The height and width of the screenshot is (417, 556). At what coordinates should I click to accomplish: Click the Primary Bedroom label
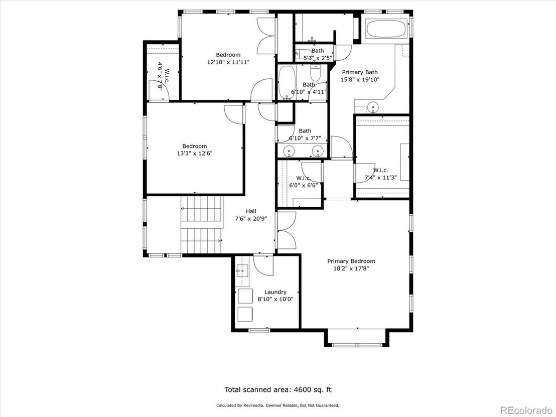pos(351,261)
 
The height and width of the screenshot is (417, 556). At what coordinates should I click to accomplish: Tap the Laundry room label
pos(275,292)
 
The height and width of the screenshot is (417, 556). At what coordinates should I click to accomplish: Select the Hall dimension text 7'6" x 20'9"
pos(251,219)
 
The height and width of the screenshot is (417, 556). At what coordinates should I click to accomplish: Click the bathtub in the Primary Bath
pos(386,29)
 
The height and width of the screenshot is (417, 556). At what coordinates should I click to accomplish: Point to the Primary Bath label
pos(360,72)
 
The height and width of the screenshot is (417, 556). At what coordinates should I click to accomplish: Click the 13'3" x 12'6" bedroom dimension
pos(195,154)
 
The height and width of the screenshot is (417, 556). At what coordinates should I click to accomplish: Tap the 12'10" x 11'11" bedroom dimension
pos(228,62)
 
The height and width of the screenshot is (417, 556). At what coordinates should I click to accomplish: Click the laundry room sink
pos(242,270)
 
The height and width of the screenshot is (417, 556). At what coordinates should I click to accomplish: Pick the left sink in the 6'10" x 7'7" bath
pos(290,152)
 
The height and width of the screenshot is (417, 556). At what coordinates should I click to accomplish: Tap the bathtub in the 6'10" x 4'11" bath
pos(285,83)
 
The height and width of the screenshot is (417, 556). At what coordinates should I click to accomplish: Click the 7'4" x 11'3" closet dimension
pos(380,178)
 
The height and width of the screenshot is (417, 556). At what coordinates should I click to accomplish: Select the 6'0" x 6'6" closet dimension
pos(304,185)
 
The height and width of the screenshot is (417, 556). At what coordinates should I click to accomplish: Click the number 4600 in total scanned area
pos(302,389)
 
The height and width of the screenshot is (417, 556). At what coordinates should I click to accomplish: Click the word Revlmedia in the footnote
pos(254,405)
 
